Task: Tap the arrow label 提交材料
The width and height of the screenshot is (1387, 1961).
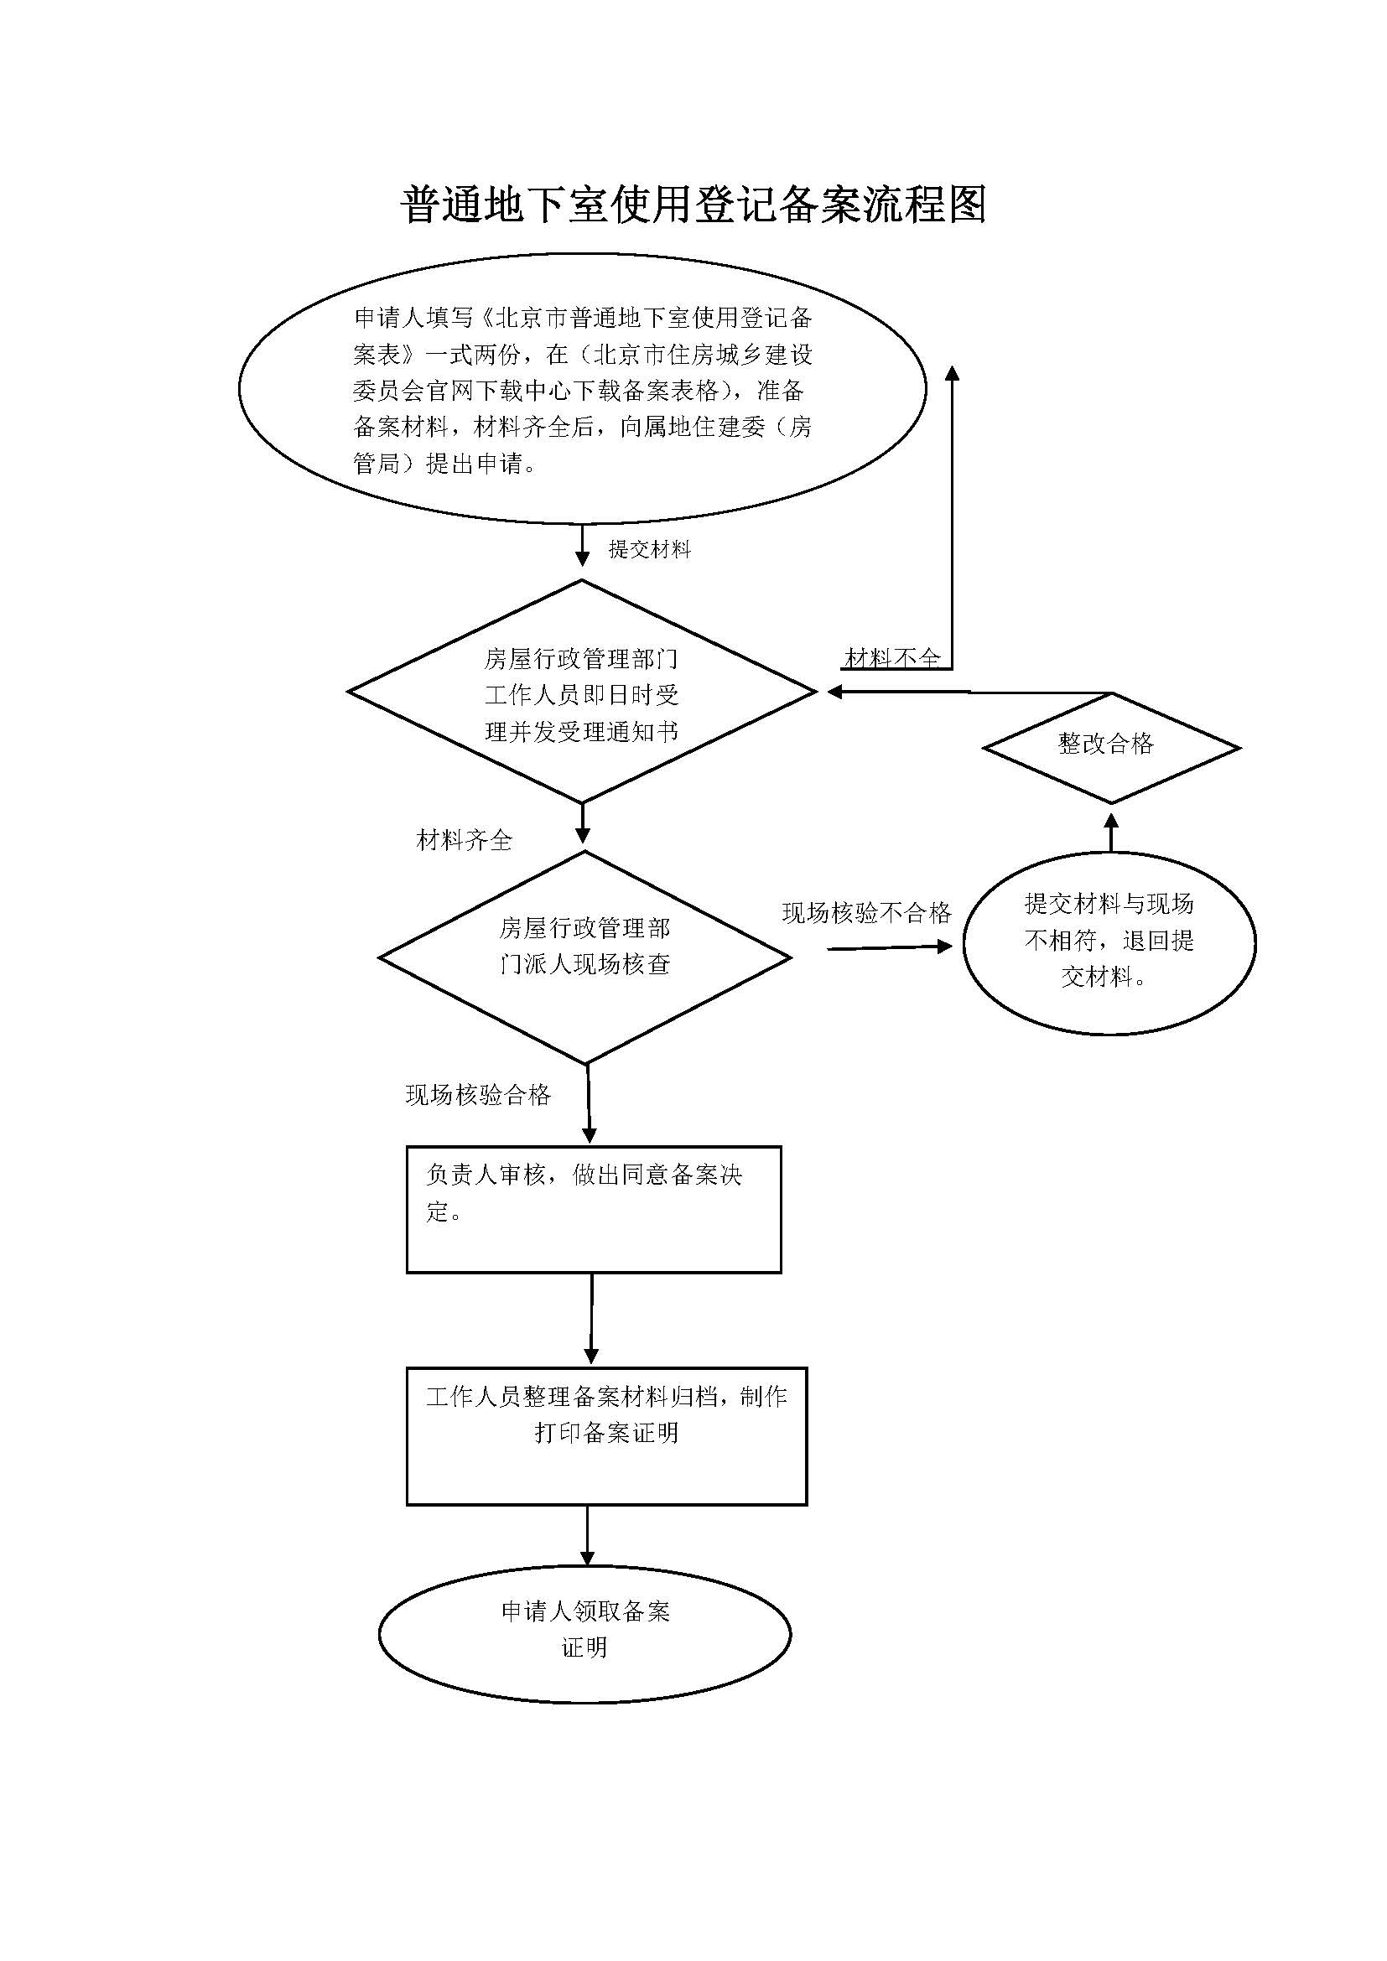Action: pos(649,549)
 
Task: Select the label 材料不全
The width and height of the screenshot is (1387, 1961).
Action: pos(891,657)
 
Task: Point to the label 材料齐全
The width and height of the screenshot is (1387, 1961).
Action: pos(464,841)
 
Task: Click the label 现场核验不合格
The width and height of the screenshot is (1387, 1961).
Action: pos(866,913)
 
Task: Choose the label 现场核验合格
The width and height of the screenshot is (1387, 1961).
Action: pos(478,1096)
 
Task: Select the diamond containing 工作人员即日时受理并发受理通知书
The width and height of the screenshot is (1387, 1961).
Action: pos(582,693)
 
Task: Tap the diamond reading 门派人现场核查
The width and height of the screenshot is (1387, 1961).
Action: pos(585,957)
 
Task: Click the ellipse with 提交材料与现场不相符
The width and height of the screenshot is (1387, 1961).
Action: pos(1109,942)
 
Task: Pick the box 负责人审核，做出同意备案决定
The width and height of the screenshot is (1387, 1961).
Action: pos(593,1209)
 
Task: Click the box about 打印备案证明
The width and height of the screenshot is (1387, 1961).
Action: pos(605,1434)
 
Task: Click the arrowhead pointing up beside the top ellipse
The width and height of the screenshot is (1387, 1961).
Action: pos(952,373)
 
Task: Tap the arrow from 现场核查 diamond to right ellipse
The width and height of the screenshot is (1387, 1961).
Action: pos(888,947)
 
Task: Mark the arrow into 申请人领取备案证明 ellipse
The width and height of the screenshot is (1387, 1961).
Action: pos(587,1538)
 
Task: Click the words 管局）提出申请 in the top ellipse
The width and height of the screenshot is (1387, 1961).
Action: pos(444,464)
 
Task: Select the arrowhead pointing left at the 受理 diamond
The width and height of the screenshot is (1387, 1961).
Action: pos(834,692)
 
